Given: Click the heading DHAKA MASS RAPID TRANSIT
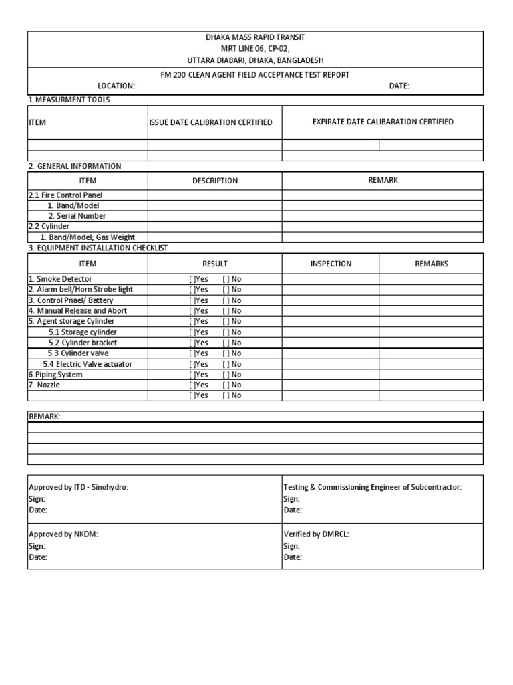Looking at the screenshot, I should point(256,37).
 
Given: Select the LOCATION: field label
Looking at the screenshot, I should point(116,86).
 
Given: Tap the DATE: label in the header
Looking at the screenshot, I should point(399,86).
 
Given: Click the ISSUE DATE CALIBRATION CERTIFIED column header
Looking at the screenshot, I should point(210,123).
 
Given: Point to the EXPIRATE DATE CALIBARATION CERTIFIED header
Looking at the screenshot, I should point(383,122).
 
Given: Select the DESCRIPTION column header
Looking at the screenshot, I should point(214,181).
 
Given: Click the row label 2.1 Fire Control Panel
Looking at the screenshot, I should point(65,195).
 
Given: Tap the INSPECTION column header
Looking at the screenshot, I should point(331,264).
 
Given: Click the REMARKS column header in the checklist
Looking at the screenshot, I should point(432,264).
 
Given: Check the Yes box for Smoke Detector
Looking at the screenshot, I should point(192,279).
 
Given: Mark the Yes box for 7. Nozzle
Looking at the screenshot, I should point(192,385).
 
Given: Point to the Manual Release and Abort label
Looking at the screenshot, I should point(77,311).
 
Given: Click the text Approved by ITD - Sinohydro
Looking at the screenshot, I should point(78,488).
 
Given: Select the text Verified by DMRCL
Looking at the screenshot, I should point(316,534).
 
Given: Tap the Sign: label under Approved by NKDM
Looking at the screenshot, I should point(37,546).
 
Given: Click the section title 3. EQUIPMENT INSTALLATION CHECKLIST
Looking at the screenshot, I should point(98,248).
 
